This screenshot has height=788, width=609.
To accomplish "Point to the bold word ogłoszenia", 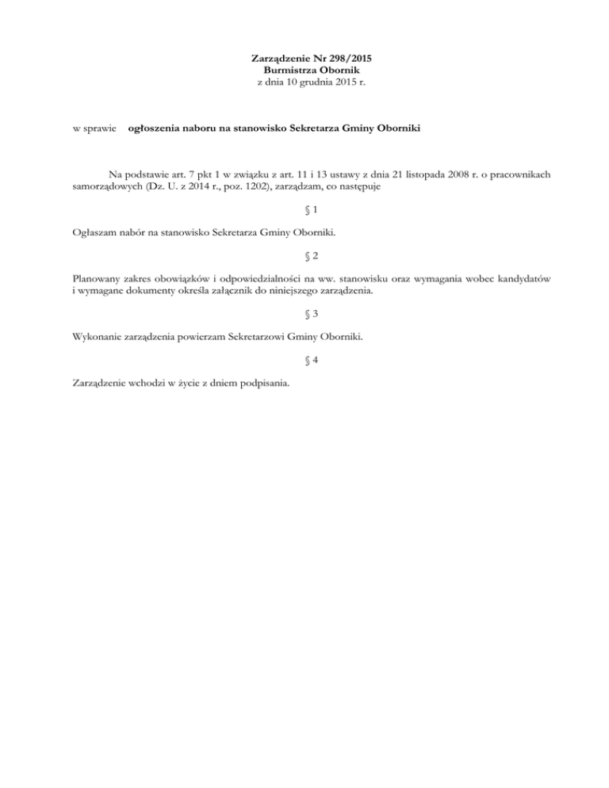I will click(156, 127).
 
